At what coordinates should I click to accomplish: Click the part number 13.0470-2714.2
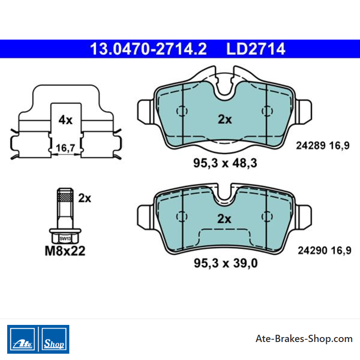[148, 49]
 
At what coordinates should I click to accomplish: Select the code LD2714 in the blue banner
[256, 49]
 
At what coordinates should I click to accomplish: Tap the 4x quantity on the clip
[65, 120]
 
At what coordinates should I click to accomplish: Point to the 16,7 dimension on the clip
[65, 148]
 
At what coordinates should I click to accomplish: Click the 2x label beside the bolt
[85, 198]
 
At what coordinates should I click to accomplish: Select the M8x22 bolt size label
[65, 251]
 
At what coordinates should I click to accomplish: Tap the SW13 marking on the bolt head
[65, 238]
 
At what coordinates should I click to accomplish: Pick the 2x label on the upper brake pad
[225, 119]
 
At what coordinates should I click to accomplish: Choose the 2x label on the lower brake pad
[224, 219]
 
